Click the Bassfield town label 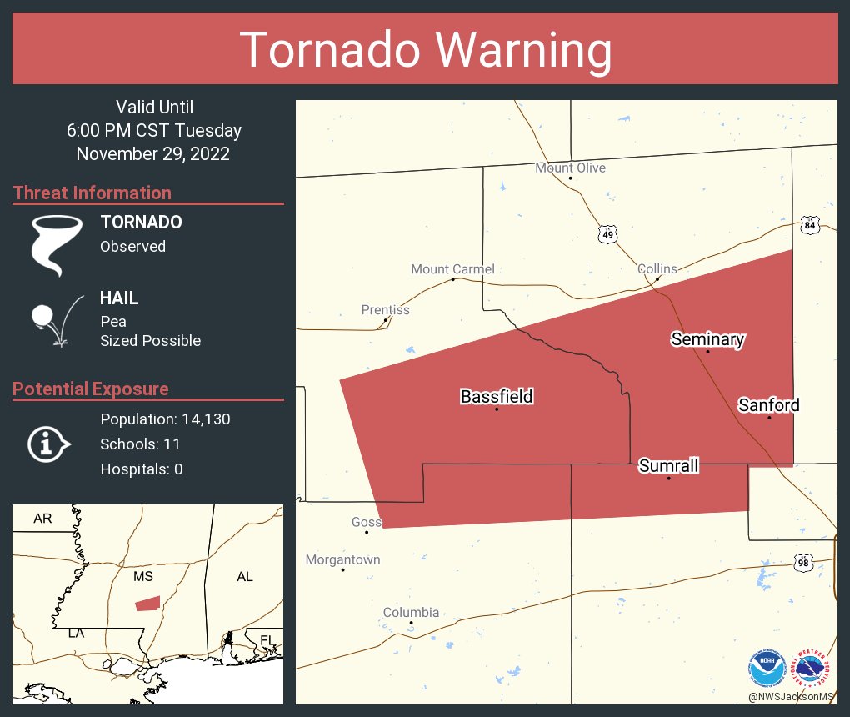(x=497, y=397)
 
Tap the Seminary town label (x=707, y=338)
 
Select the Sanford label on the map (x=768, y=405)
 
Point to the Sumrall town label (x=668, y=465)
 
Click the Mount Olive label (x=570, y=168)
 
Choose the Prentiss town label (x=385, y=309)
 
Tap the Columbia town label (x=411, y=612)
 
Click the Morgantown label (x=342, y=559)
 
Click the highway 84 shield (x=810, y=225)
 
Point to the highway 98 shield (x=803, y=563)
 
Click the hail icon (x=55, y=319)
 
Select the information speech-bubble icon (x=47, y=444)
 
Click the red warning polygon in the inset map (x=147, y=603)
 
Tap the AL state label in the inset (x=244, y=577)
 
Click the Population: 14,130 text (x=165, y=419)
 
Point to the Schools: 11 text (x=140, y=444)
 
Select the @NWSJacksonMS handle (x=790, y=696)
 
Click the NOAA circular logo (x=767, y=668)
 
